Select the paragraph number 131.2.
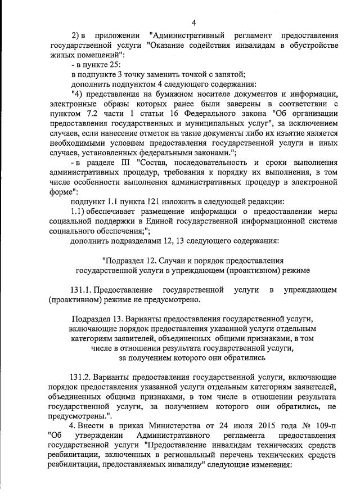pos(80,376)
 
